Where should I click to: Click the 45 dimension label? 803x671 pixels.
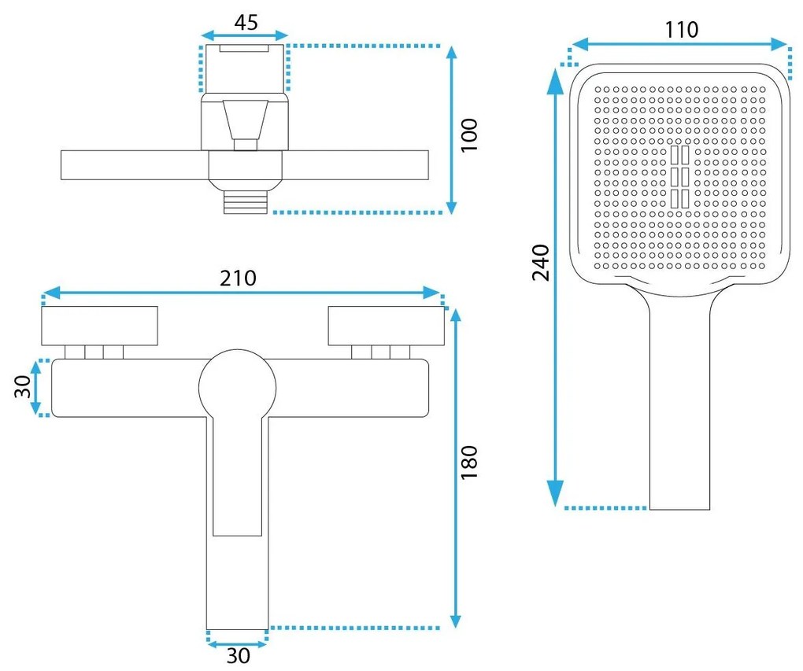tap(246, 23)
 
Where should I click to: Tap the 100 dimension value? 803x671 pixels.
tap(469, 135)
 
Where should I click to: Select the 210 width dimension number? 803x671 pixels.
tap(238, 278)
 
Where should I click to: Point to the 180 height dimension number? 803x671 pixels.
tap(469, 463)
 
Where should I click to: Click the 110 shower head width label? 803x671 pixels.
tap(682, 30)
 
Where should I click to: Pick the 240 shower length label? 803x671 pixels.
tap(541, 263)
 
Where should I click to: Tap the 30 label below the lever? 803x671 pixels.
tap(238, 655)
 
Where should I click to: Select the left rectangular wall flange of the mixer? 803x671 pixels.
tap(99, 326)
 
